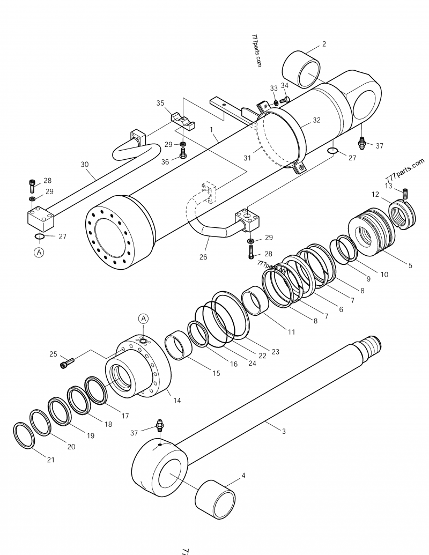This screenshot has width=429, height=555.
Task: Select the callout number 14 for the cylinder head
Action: coord(177,400)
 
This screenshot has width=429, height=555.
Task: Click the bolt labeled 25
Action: coord(65,364)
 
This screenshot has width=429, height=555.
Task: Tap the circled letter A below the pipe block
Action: coord(39,251)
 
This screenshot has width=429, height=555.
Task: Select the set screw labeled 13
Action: coord(405,192)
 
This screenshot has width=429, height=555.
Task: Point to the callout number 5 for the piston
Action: coord(410,265)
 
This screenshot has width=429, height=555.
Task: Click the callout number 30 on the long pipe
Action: coord(84,165)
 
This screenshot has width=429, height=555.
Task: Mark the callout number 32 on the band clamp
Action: coord(316,121)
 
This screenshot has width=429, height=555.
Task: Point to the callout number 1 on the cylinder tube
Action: coord(212,130)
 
